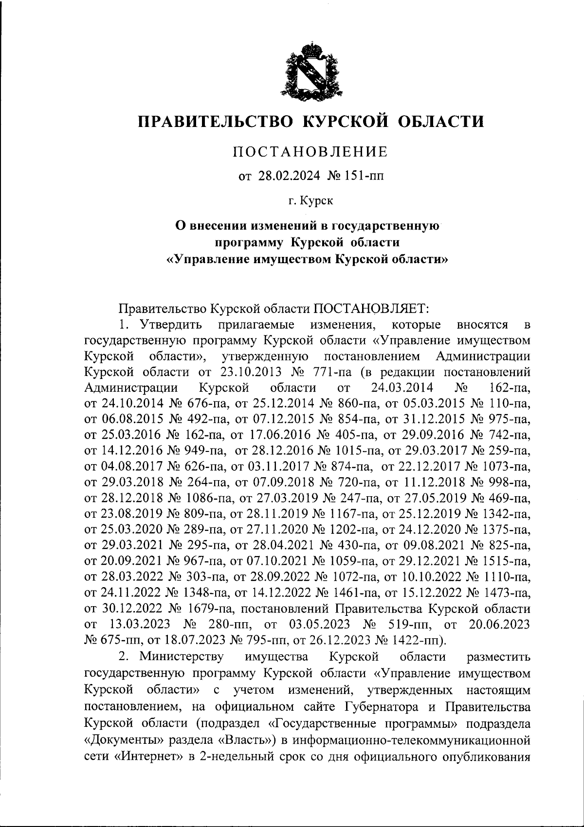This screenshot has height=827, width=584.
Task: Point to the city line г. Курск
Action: [x=310, y=200]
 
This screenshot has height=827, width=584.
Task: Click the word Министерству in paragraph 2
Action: [x=182, y=657]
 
